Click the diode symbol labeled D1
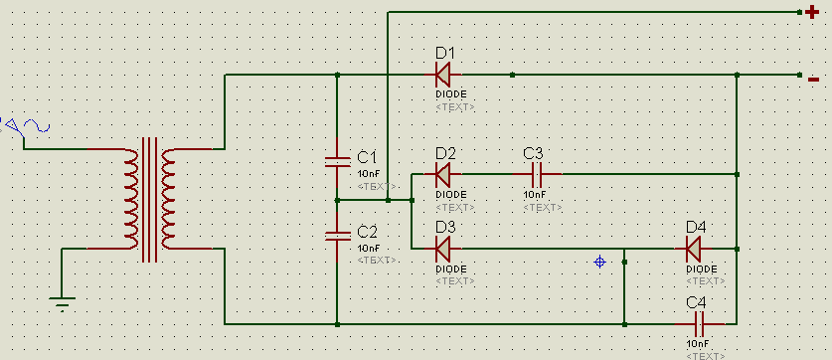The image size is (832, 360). click(x=443, y=75)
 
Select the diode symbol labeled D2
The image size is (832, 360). click(x=443, y=174)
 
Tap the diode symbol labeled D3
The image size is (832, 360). click(x=443, y=249)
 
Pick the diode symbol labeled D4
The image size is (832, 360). click(x=693, y=249)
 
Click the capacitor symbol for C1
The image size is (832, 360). click(x=337, y=162)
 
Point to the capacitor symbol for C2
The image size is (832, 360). click(x=337, y=237)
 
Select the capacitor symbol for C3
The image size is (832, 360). click(x=537, y=174)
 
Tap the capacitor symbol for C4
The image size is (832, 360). click(x=700, y=323)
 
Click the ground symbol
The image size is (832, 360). click(x=62, y=303)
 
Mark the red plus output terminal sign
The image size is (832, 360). click(x=811, y=12)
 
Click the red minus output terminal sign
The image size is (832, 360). click(x=813, y=80)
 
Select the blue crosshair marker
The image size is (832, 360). click(x=599, y=262)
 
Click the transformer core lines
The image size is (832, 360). click(x=149, y=200)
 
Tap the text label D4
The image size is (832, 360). click(x=696, y=228)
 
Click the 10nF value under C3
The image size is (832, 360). click(x=535, y=195)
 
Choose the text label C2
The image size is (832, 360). click(x=367, y=232)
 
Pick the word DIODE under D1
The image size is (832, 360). click(x=451, y=94)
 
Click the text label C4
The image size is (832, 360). click(x=696, y=302)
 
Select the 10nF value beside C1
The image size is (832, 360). click(x=369, y=174)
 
